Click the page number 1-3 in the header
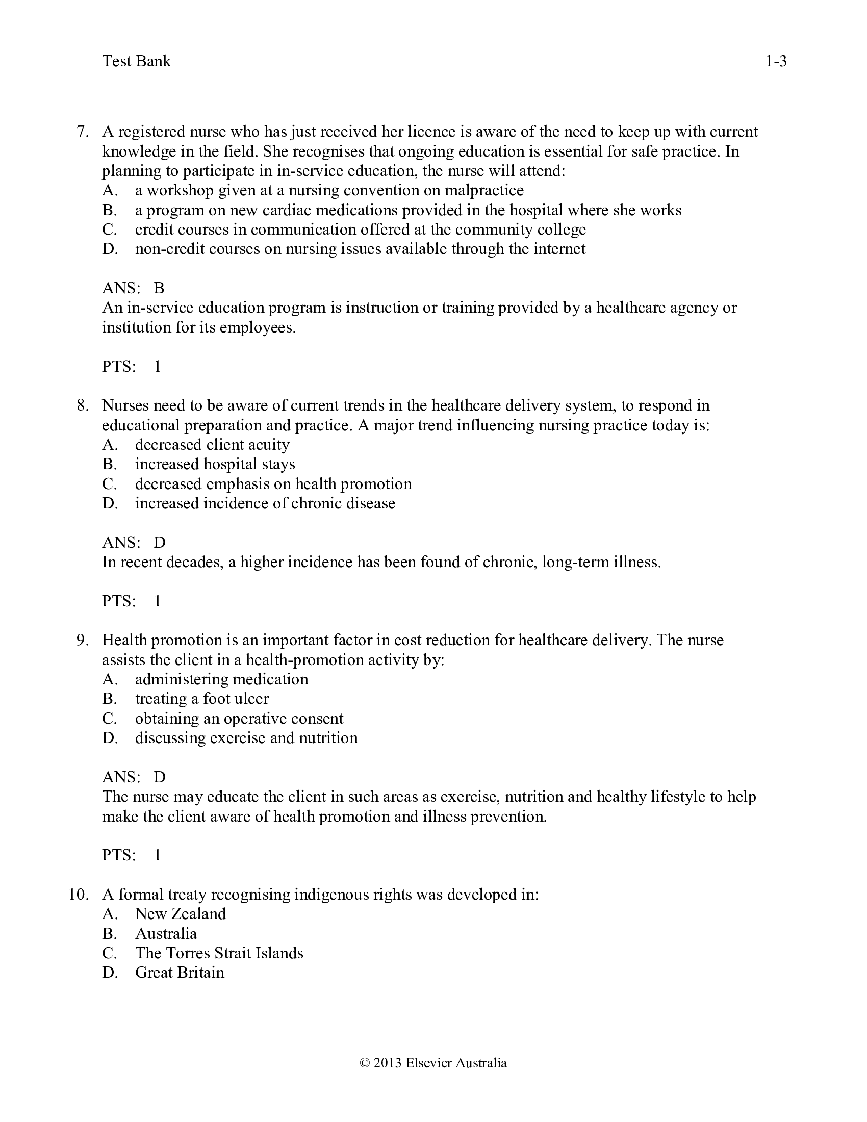[776, 62]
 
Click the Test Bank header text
[136, 62]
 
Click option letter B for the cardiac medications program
[110, 210]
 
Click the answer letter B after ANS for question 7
[159, 288]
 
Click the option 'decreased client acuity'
[212, 445]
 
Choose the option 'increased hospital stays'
[215, 465]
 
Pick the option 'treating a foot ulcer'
[202, 699]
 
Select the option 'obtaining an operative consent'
[239, 718]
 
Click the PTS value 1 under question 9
[158, 855]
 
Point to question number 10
[79, 895]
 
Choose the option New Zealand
[180, 914]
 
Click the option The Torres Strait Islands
[219, 953]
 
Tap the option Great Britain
[179, 973]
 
